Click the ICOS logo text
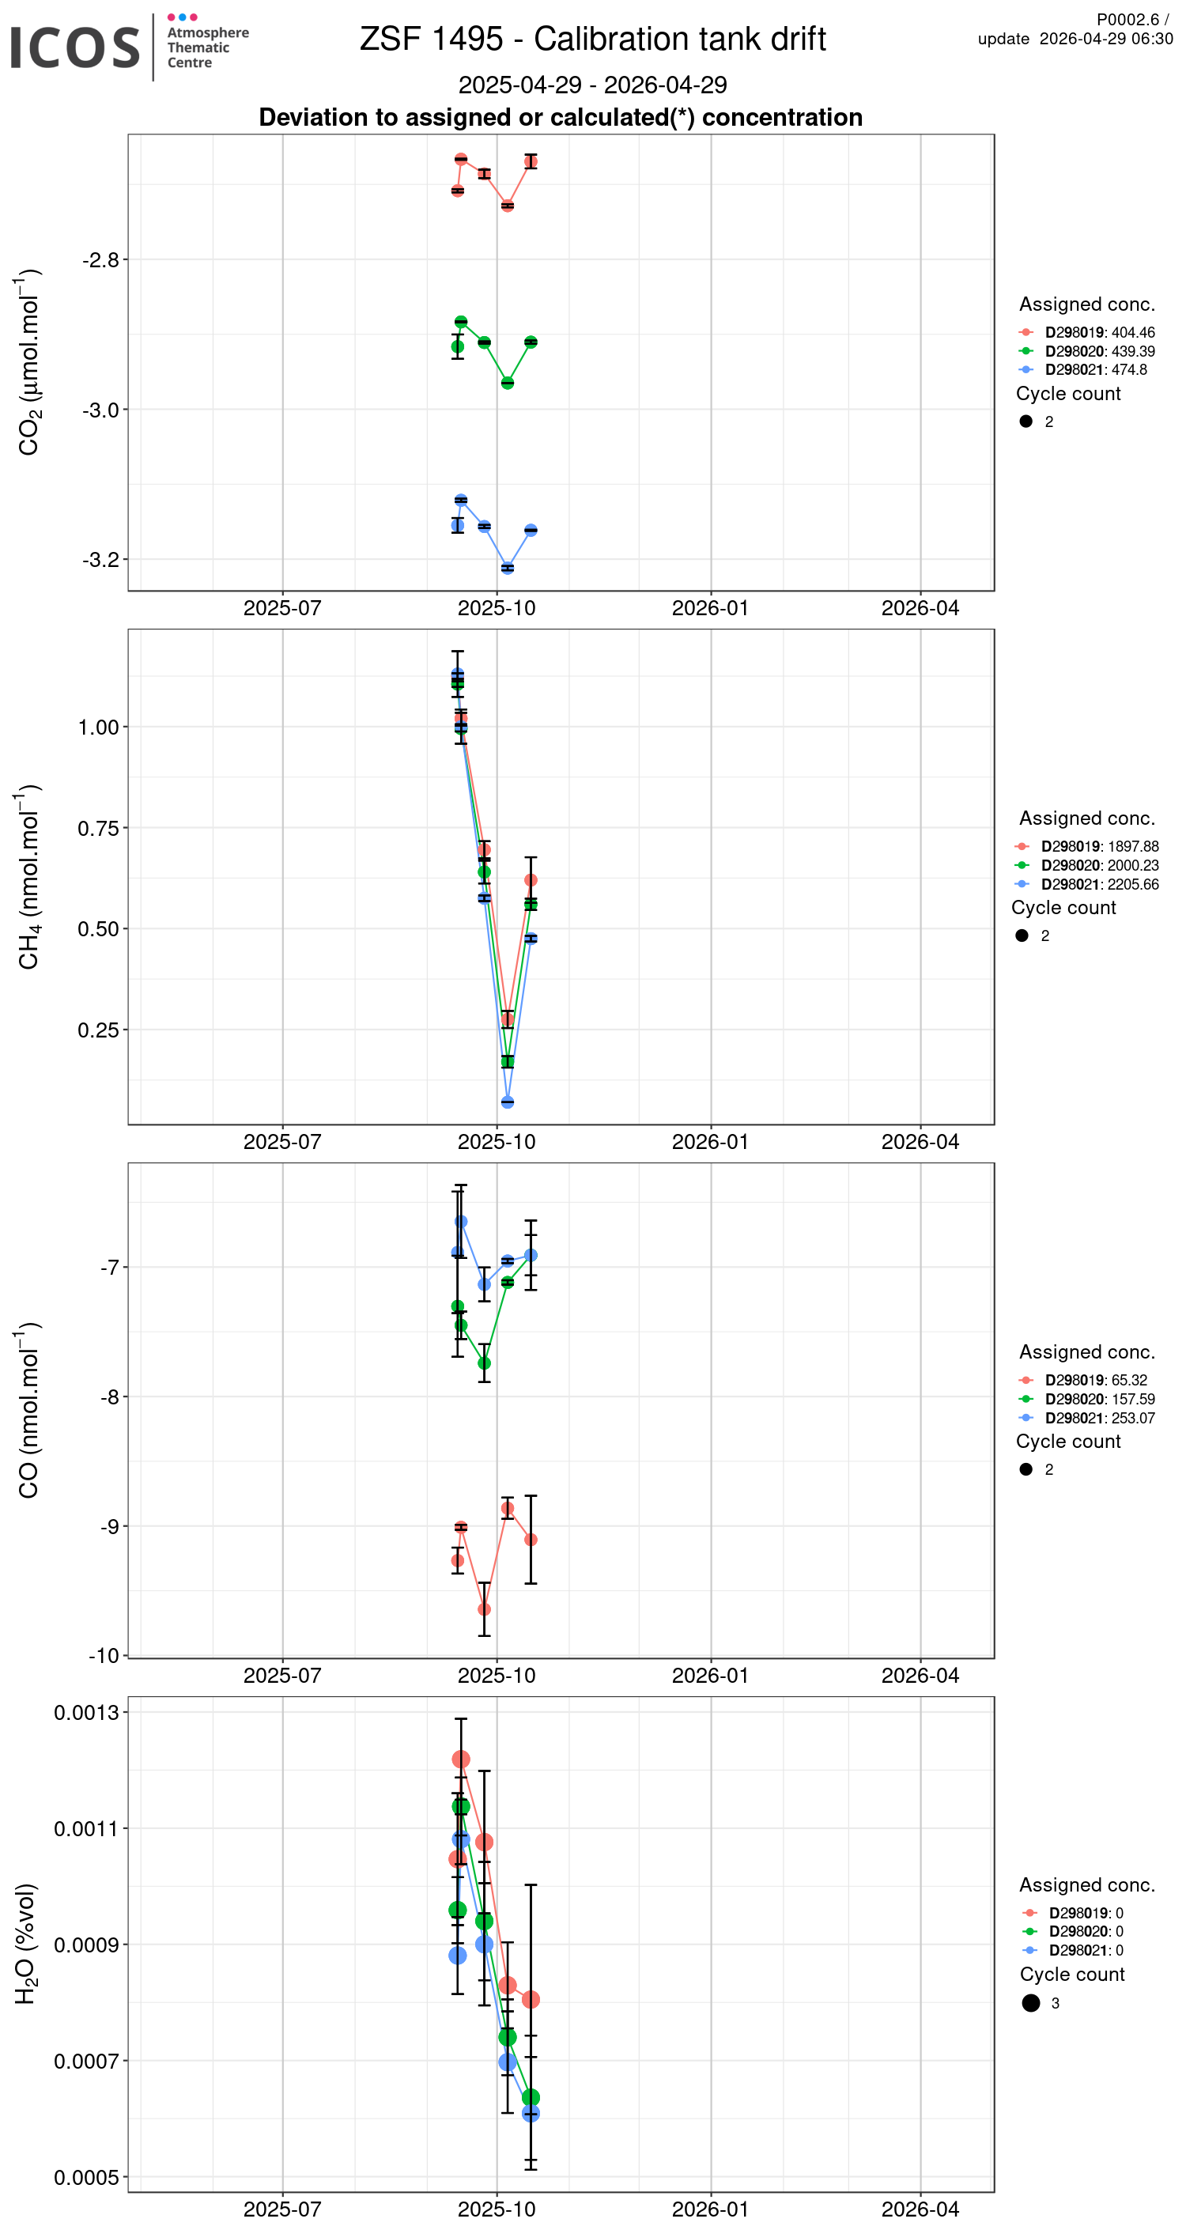tap(74, 47)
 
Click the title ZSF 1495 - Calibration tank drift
tap(592, 39)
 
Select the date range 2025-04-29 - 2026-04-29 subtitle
tap(592, 85)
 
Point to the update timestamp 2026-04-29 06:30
tap(1105, 39)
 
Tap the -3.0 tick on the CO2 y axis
tap(100, 410)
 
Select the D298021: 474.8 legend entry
tap(1095, 369)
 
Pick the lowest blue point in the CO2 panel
tap(508, 568)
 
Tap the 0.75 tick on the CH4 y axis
tap(98, 828)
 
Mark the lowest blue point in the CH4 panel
tap(508, 1102)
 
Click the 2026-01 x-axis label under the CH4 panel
tap(710, 1141)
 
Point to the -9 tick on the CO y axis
tap(109, 1525)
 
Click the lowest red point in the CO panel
tap(484, 1609)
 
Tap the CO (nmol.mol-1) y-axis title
tap(28, 1410)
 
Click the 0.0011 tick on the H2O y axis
tap(85, 1828)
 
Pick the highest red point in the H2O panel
tap(460, 1759)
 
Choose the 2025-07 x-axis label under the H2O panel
tap(282, 2209)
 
